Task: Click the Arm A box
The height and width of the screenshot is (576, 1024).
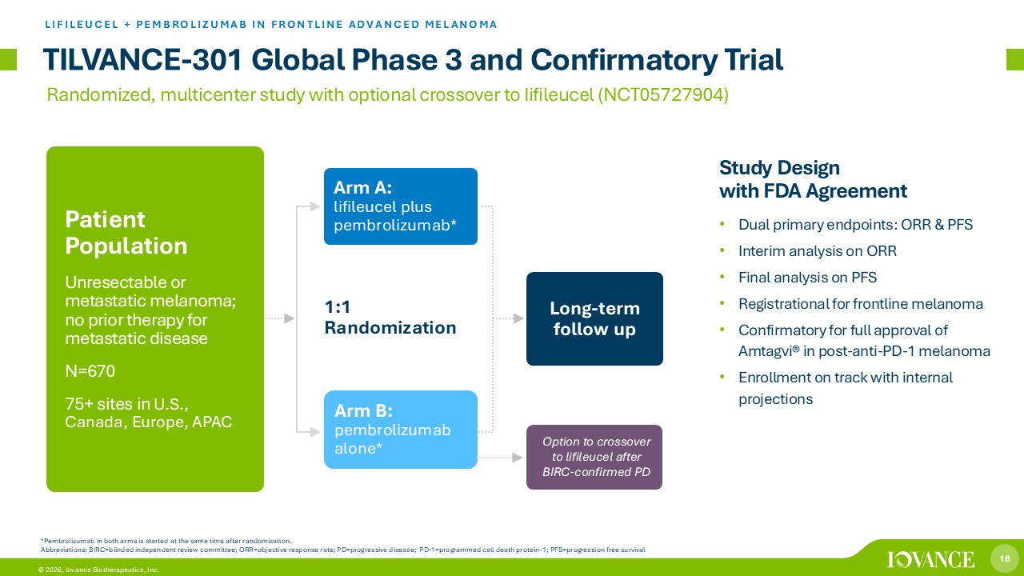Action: pyautogui.click(x=401, y=206)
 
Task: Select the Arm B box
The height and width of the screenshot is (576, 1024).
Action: pyautogui.click(x=401, y=430)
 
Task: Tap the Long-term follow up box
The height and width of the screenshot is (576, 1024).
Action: pyautogui.click(x=594, y=318)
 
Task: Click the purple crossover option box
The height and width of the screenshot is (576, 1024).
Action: pyautogui.click(x=594, y=457)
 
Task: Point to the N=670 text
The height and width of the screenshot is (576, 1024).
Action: pyautogui.click(x=90, y=370)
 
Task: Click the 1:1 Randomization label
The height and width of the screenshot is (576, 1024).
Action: pyautogui.click(x=390, y=318)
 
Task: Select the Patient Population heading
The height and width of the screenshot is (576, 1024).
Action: pyautogui.click(x=126, y=233)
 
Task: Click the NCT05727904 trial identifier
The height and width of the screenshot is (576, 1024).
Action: pyautogui.click(x=663, y=94)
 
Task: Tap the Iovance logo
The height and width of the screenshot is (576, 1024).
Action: pyautogui.click(x=930, y=559)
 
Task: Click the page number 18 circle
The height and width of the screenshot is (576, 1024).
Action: pyautogui.click(x=1004, y=558)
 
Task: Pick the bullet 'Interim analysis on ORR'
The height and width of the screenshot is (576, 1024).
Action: pyautogui.click(x=818, y=251)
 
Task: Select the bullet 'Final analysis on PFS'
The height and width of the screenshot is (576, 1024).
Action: pyautogui.click(x=807, y=278)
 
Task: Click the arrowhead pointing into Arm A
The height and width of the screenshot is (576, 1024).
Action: pyautogui.click(x=315, y=206)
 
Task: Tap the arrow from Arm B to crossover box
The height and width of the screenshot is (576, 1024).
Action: pyautogui.click(x=500, y=457)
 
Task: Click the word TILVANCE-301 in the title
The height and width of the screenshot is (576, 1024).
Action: pyautogui.click(x=142, y=60)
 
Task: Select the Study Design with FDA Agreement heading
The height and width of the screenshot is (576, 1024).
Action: pyautogui.click(x=813, y=179)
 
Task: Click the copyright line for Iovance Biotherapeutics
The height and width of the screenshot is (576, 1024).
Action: pyautogui.click(x=98, y=570)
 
